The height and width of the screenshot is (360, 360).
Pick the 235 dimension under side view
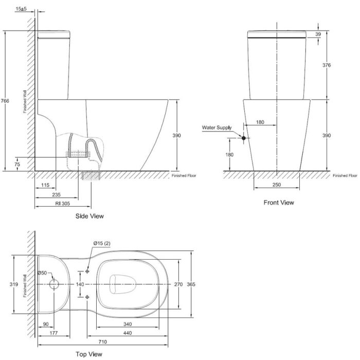[x=56, y=194]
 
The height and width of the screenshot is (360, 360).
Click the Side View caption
[x=89, y=217]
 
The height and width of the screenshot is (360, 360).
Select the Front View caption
[x=279, y=203]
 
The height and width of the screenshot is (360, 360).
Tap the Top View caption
[x=89, y=354]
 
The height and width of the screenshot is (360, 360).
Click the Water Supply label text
[x=217, y=127]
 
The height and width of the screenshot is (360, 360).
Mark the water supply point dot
[x=243, y=137]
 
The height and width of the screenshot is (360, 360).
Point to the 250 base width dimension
[x=278, y=184]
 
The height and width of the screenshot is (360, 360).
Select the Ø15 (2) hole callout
[x=101, y=243]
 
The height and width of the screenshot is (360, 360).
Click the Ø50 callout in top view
[x=42, y=273]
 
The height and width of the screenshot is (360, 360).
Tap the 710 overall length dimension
[x=103, y=340]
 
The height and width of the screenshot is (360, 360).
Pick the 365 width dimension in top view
[x=191, y=284]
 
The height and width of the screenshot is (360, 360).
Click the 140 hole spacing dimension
[x=80, y=284]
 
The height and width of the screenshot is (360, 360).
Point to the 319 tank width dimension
[x=17, y=284]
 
